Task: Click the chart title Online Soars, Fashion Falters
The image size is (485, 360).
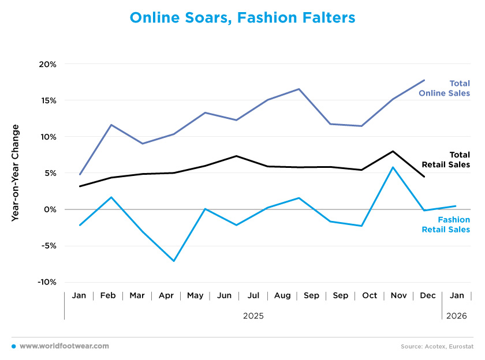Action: point(242,18)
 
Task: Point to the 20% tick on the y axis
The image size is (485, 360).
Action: point(47,64)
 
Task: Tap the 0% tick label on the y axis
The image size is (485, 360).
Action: point(50,209)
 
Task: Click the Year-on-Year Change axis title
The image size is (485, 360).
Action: point(16,172)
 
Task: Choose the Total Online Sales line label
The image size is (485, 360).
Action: point(452,88)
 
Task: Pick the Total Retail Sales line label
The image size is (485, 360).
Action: point(452,159)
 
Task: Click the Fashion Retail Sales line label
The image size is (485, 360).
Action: point(453,224)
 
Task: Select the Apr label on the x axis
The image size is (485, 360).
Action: point(166,295)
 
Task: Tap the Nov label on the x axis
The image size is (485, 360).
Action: point(398,295)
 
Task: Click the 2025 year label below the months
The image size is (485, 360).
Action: point(253,316)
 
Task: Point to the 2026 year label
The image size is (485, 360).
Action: point(456,316)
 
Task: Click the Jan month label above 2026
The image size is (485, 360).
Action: point(456,295)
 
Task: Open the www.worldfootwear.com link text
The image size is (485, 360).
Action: point(64,346)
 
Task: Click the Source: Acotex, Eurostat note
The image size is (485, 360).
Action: point(436,347)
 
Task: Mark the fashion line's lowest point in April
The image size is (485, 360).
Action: point(174,261)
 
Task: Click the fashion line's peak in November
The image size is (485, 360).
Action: point(393,167)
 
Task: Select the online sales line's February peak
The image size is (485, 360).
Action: point(111,125)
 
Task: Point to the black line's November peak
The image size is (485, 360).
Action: point(393,151)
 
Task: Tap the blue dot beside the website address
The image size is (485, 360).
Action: point(13,346)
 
